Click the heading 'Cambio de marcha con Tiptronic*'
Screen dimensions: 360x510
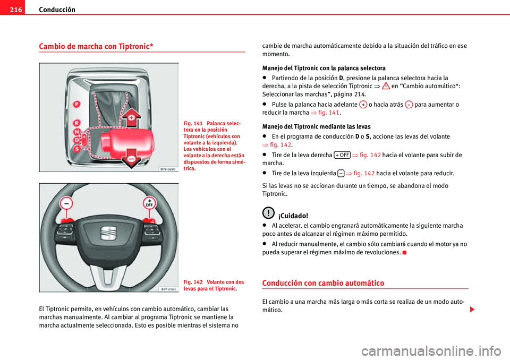tap(96, 46)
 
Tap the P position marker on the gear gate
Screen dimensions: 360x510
tap(76, 104)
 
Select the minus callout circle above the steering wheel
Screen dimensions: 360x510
tap(66, 203)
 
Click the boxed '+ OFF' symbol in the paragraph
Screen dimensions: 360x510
tap(342, 155)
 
